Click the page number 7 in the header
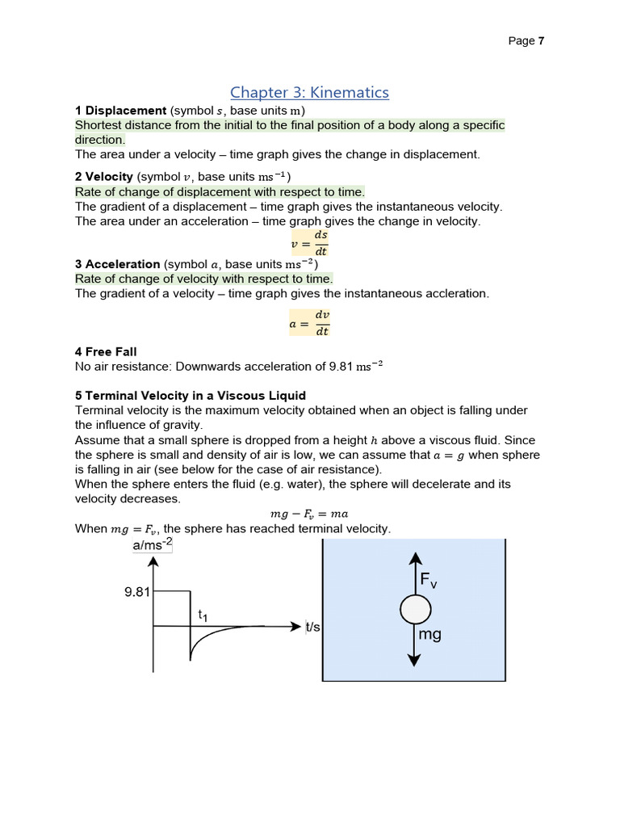[x=541, y=41]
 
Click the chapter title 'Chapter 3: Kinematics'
[x=309, y=92]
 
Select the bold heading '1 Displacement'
[x=120, y=111]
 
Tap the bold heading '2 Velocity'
[x=104, y=176]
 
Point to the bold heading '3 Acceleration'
[x=118, y=264]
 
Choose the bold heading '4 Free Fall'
[x=106, y=351]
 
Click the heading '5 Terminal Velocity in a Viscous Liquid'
[x=191, y=395]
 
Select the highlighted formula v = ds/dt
[x=309, y=242]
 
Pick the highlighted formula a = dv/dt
[x=309, y=322]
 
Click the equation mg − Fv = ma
[x=309, y=514]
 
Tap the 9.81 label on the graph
[x=137, y=592]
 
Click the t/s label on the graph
[x=312, y=627]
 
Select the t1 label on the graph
[x=203, y=615]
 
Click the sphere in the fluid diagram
[x=414, y=610]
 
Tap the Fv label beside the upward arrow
[x=428, y=581]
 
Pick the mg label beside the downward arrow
[x=429, y=635]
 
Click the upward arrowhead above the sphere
[x=414, y=558]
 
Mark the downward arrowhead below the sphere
[x=414, y=660]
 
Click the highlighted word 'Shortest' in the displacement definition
[x=99, y=125]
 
